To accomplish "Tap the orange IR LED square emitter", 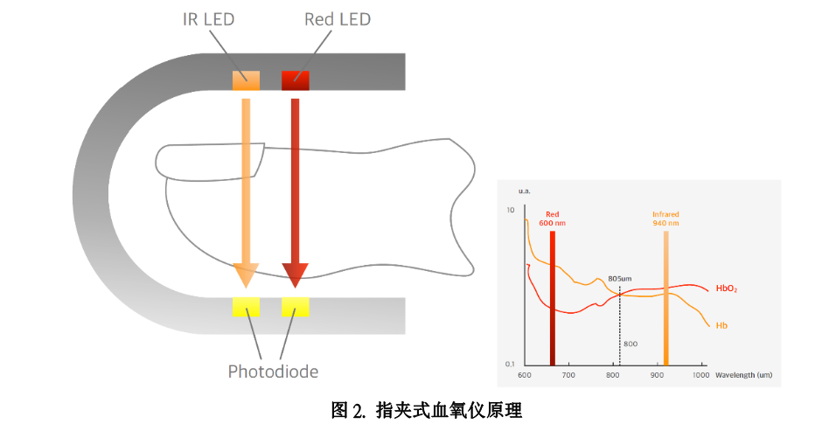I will tap(246, 80).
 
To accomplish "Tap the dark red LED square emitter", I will tap(295, 80).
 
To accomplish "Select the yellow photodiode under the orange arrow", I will tap(246, 307).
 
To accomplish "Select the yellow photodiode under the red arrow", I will tap(295, 307).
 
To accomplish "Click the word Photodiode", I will tap(273, 372).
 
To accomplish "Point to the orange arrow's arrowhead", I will tap(246, 275).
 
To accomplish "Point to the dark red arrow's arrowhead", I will tap(295, 275).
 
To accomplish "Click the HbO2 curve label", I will tap(726, 288).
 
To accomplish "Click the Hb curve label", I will tap(721, 326).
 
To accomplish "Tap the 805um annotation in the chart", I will tap(619, 278).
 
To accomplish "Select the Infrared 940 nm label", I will tap(665, 219).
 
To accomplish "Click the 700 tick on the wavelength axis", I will tap(568, 375).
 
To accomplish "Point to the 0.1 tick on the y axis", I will tap(510, 364).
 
